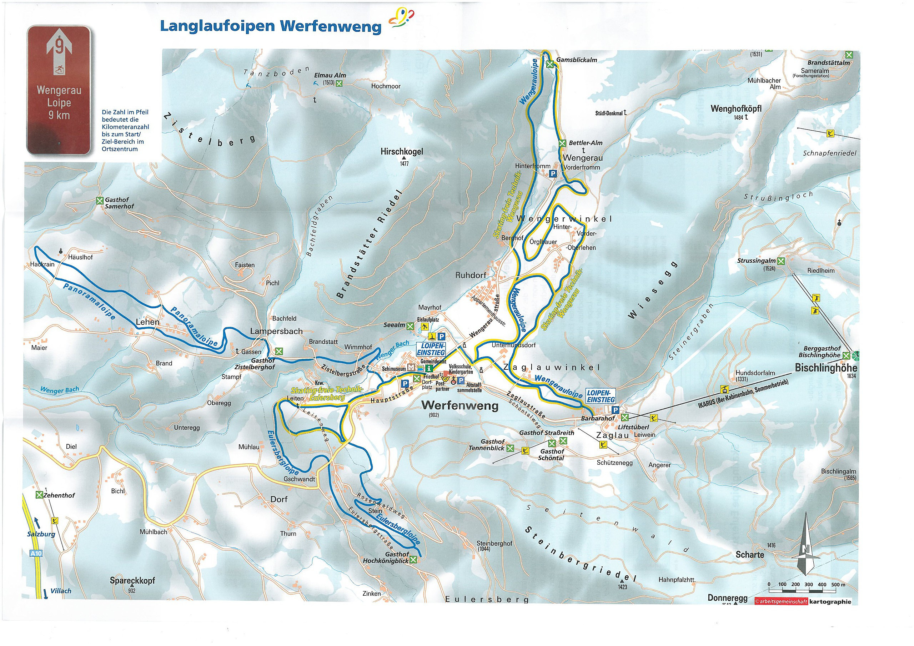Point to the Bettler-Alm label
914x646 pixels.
[x=585, y=143]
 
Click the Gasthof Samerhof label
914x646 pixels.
[x=119, y=203]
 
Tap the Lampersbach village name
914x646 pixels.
[x=276, y=331]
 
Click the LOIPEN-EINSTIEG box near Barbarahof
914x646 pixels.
[x=601, y=396]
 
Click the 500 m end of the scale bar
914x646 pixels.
[x=838, y=585]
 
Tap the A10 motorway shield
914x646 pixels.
[x=35, y=553]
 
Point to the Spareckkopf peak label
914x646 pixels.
[x=132, y=581]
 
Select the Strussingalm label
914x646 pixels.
[x=756, y=261]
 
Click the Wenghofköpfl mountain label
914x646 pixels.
[x=736, y=108]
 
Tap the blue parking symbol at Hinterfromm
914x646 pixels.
[x=553, y=173]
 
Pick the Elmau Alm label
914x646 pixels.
[x=330, y=75]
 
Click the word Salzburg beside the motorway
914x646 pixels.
[x=41, y=534]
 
